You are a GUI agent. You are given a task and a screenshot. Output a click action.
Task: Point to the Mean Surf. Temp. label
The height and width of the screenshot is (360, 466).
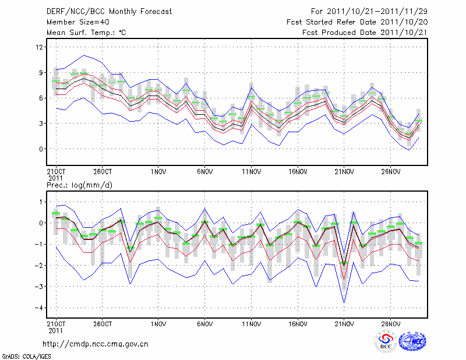point(86,33)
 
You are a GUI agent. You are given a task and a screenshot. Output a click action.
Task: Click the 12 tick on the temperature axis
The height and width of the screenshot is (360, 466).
point(40,47)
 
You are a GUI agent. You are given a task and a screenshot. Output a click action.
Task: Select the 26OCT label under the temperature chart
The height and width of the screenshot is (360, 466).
point(102,172)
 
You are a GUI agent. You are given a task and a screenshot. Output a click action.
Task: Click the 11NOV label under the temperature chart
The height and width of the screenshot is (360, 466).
point(251,172)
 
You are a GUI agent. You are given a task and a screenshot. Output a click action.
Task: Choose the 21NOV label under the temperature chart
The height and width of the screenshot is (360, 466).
point(344,172)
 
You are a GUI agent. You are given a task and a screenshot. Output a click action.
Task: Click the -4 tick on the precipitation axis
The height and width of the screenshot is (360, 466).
point(39,308)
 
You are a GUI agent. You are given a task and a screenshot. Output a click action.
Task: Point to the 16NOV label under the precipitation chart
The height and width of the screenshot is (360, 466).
point(298,322)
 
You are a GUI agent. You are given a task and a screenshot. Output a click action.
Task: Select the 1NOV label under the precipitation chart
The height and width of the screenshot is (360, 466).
point(158,322)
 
